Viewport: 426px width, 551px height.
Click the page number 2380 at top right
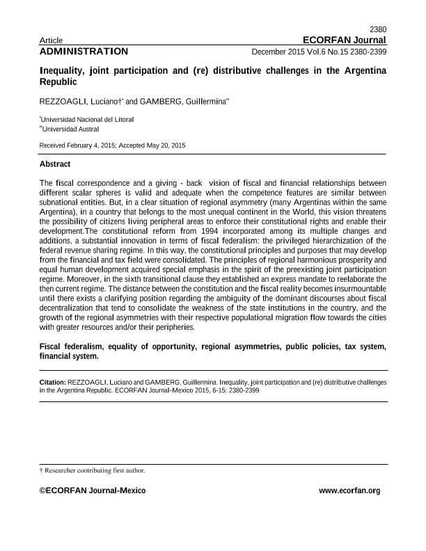point(377,29)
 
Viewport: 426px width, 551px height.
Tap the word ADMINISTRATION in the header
point(84,51)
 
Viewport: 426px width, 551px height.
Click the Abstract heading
point(55,164)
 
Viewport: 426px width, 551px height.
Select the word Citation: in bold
point(53,383)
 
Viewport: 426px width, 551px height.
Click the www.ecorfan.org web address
point(349,491)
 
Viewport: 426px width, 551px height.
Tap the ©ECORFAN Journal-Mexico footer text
point(93,491)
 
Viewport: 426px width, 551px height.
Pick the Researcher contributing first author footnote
point(95,470)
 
